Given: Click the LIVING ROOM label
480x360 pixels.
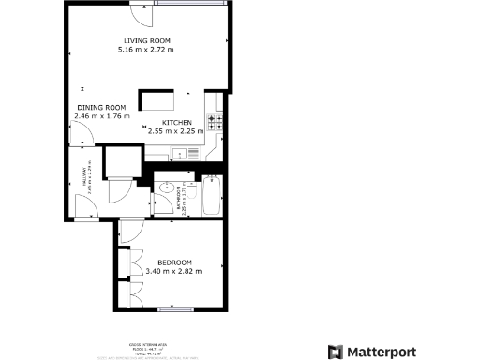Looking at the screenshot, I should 147,40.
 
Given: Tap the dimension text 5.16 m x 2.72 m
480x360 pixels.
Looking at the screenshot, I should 147,50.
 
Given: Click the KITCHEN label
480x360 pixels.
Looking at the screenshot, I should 177,123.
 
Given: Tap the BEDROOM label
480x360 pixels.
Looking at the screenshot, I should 174,262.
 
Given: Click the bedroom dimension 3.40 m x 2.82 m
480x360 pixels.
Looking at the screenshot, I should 174,272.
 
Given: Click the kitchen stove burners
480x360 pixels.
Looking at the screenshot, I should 215,122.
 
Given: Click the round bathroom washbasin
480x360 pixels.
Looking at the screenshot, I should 164,185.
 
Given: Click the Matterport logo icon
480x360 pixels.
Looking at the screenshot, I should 335,352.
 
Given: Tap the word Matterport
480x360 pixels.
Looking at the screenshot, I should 384,352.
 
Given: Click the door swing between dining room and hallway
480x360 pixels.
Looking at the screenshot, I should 85,139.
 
